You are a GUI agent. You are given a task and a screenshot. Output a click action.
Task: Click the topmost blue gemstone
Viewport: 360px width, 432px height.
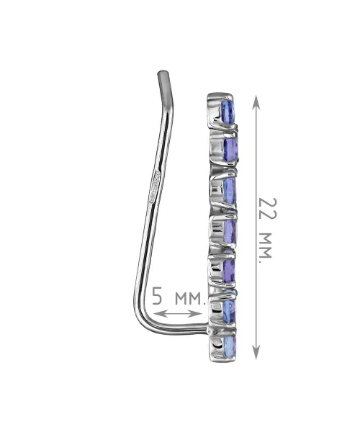point(228,111)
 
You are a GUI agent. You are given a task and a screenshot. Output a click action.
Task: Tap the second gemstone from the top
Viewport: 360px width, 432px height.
point(230,149)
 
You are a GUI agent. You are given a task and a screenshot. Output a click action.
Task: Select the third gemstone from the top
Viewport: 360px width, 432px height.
point(230,189)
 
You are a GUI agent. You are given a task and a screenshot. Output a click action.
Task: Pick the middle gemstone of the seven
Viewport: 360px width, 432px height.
point(230,231)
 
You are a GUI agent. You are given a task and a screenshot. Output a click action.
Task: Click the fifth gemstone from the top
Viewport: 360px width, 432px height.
point(229,269)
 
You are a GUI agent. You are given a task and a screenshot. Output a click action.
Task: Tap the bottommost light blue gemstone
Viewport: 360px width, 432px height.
point(229,346)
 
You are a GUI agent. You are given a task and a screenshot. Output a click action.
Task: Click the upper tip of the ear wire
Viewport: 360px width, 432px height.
point(163,72)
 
